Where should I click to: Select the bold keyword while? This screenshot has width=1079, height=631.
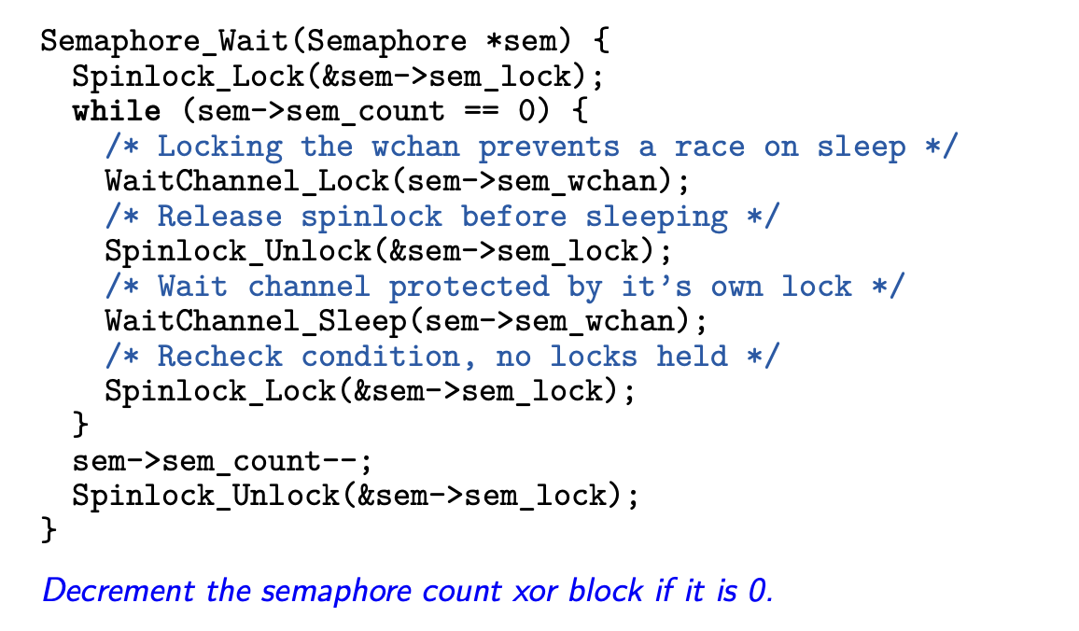point(116,112)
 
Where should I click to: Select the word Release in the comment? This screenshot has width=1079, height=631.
point(219,217)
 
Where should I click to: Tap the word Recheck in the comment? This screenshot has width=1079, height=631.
point(219,357)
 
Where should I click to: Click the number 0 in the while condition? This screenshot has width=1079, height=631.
point(527,112)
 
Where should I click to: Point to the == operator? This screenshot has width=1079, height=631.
point(478,112)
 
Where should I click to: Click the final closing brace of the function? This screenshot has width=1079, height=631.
point(49,531)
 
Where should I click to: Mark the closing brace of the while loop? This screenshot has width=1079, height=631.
point(80,427)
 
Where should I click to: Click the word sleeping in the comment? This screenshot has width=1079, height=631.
point(656,217)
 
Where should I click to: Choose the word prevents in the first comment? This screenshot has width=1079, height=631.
point(549,147)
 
